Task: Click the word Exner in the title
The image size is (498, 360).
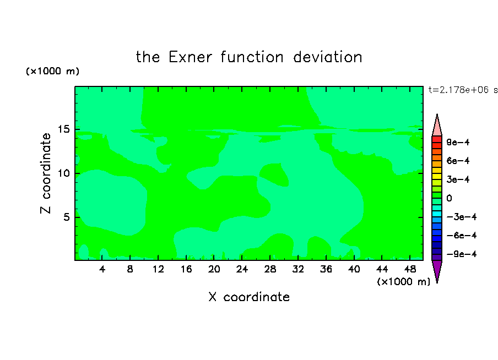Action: point(190,57)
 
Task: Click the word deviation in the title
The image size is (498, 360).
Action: point(327,57)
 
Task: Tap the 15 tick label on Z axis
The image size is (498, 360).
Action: point(64,129)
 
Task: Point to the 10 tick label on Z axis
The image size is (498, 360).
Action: point(64,173)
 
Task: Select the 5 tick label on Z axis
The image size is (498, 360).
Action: point(67,217)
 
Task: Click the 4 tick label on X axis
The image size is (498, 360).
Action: point(102,269)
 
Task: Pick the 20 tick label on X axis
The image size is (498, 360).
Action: point(214,269)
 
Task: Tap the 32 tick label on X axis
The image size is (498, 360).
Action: point(298,269)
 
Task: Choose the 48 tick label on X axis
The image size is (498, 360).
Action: point(410,269)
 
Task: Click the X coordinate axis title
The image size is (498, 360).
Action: point(249,297)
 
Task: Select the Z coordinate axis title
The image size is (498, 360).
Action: point(46,173)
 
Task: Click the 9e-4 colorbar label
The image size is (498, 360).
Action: point(458,142)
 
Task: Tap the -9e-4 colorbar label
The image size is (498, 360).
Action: point(462,254)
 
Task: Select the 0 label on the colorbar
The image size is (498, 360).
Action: point(449,198)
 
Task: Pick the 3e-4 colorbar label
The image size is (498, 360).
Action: point(458,179)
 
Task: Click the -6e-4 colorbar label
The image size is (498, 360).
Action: point(462,235)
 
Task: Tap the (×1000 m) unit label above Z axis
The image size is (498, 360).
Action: point(52,71)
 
